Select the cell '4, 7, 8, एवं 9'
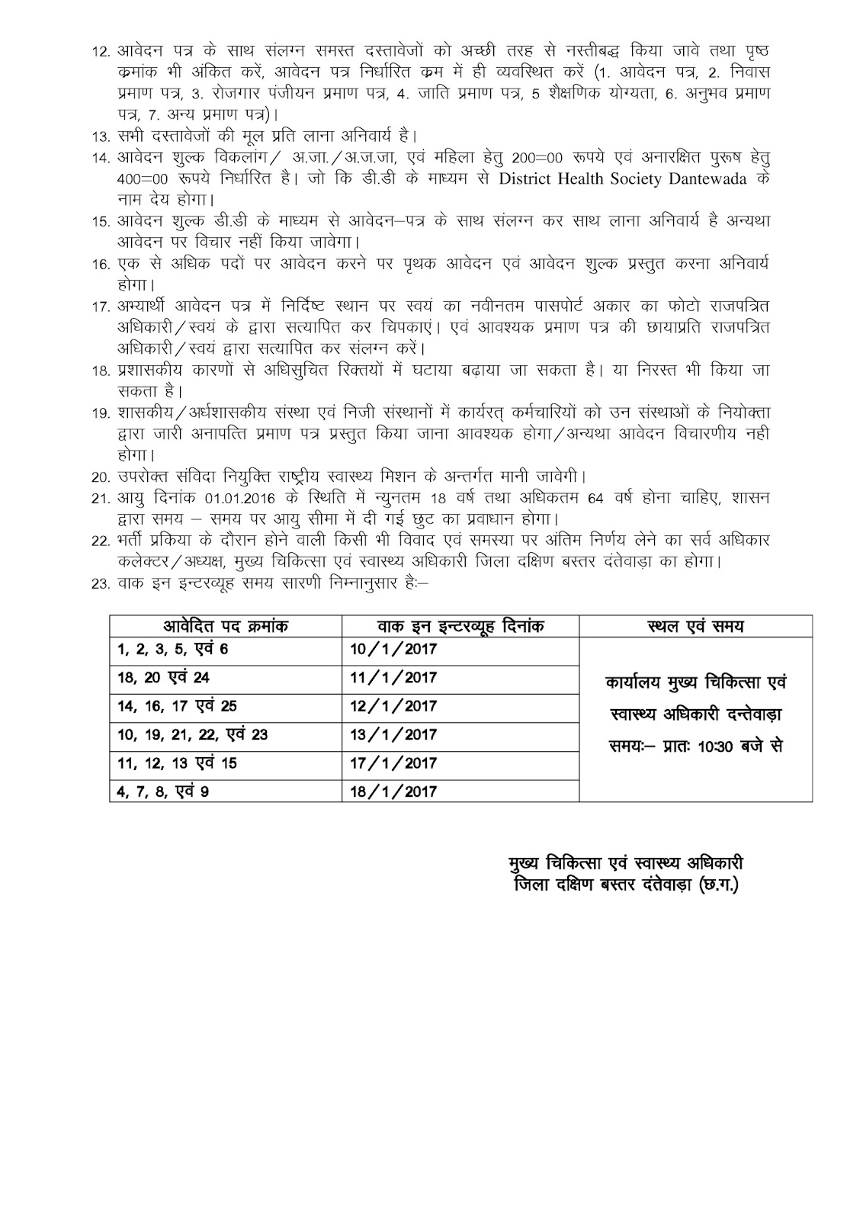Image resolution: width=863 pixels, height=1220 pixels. (162, 791)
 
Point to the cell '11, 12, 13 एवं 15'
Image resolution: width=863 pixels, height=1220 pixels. (177, 763)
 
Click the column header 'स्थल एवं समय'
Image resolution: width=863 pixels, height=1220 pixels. (695, 627)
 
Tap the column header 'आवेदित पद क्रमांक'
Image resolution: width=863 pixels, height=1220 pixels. (226, 627)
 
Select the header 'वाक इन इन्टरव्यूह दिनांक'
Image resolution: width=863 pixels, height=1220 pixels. (460, 627)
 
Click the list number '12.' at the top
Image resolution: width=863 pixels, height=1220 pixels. (101, 52)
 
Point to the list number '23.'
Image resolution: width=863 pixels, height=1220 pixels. (101, 586)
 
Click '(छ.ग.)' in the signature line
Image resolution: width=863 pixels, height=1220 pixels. (717, 885)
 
